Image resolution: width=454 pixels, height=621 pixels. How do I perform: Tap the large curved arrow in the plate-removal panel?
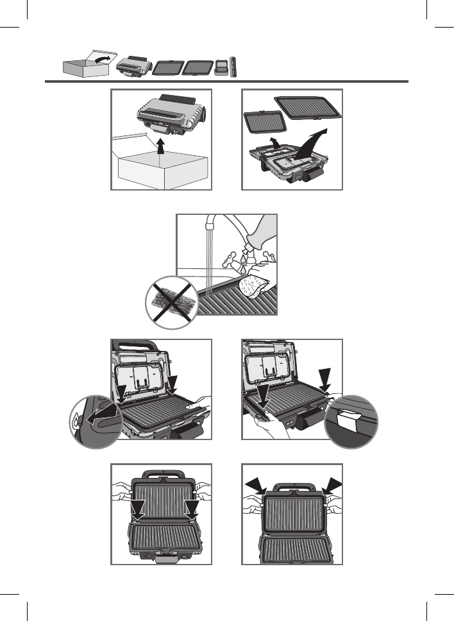(312, 142)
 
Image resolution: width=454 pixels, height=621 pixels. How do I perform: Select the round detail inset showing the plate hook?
(94, 421)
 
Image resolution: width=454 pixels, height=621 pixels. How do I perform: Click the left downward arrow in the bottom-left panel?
(137, 511)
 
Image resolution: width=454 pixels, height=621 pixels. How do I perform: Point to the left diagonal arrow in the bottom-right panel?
(256, 484)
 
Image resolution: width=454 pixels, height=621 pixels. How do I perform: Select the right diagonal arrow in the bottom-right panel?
(334, 484)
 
